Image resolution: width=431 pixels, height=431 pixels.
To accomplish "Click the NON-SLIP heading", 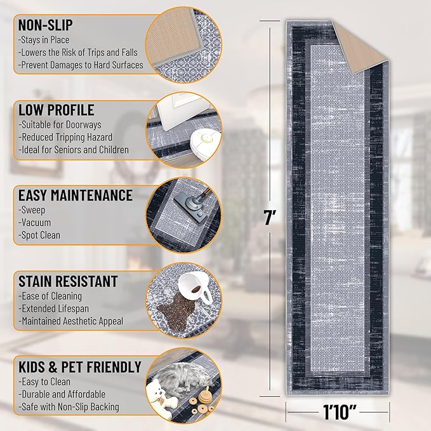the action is [x=45, y=25].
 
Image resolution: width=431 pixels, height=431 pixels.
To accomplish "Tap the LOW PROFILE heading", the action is [x=56, y=110].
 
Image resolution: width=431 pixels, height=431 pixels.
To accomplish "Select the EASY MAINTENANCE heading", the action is [x=76, y=196].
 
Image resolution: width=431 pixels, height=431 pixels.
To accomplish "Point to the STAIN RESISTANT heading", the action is [x=68, y=281].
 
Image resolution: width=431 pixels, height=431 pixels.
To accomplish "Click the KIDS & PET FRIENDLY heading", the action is [x=80, y=367].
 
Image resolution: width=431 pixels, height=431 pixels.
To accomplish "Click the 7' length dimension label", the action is [x=270, y=218].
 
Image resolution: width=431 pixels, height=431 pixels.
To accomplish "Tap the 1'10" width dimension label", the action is [x=339, y=412].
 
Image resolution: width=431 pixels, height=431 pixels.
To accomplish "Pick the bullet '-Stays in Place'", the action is [x=44, y=40].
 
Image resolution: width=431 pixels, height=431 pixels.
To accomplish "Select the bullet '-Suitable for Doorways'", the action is [x=60, y=125].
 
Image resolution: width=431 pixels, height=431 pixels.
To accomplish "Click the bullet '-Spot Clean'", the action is [x=39, y=235].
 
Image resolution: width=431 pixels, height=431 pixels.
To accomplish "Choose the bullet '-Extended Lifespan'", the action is [x=53, y=308].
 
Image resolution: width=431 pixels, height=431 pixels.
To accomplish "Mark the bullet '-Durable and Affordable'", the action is [x=62, y=394].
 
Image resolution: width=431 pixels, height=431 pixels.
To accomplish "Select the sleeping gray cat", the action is [x=183, y=376].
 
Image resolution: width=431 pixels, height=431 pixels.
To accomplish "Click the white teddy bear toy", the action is [x=160, y=397].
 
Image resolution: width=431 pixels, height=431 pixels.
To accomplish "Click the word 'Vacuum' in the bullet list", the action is [x=36, y=223].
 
